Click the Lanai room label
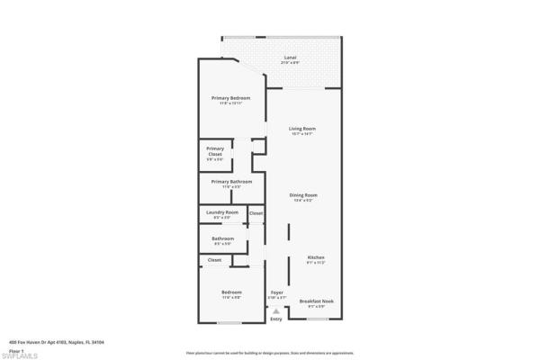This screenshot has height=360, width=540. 289,58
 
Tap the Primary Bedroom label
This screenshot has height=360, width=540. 230,98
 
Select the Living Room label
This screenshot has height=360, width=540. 301,129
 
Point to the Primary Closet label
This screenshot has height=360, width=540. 214,151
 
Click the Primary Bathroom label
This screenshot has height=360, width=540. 231,182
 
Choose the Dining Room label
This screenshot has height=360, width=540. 303,195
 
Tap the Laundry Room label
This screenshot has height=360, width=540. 221,212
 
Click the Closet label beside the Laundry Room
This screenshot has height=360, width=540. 256,212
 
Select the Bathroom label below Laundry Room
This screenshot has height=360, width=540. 222,238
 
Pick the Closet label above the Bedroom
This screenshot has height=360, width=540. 214,259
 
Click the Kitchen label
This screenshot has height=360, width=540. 316,257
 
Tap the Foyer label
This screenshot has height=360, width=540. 277,292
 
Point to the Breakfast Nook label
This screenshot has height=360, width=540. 316,301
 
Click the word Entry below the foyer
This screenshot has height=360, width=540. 275,319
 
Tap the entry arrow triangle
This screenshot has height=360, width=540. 275,310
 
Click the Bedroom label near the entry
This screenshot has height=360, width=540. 231,292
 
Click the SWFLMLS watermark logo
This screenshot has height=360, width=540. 20,355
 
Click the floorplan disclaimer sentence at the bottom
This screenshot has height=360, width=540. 269,353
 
